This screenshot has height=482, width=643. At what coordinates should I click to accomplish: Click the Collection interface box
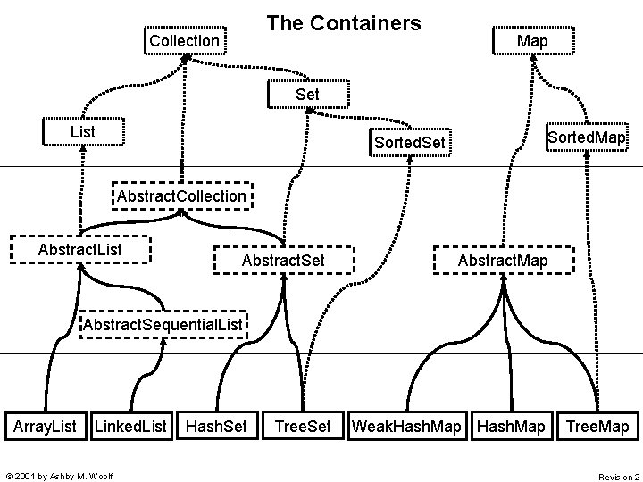(x=184, y=41)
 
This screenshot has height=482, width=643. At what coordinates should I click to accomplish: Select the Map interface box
(x=532, y=41)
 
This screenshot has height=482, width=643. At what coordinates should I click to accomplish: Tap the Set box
(x=306, y=93)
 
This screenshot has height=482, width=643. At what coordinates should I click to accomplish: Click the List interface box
(x=83, y=132)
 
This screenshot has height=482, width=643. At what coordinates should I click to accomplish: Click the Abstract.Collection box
(x=180, y=195)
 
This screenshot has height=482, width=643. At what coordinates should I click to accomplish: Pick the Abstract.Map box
(x=503, y=260)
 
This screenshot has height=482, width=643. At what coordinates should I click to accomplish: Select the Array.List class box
(x=45, y=427)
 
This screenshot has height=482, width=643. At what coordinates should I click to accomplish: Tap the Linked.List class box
(x=130, y=427)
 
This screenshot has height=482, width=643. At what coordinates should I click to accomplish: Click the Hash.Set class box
(x=216, y=427)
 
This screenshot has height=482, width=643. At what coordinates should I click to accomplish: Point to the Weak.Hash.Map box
(x=407, y=427)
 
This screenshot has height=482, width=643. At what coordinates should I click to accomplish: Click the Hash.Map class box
(x=511, y=427)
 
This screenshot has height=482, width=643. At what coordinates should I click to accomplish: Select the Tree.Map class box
(x=597, y=427)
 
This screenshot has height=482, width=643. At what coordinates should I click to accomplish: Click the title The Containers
(x=344, y=23)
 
